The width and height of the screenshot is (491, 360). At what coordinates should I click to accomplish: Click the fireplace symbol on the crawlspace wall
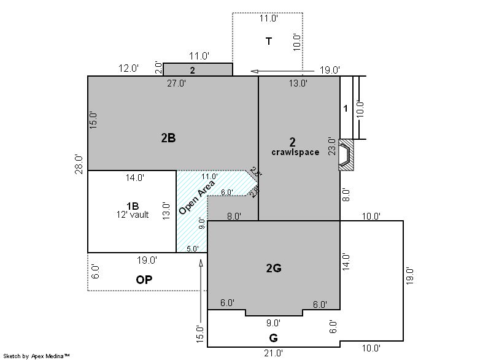[346, 155]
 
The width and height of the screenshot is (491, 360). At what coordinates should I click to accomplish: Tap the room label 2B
[168, 138]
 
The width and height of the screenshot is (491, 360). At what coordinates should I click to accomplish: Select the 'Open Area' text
[196, 197]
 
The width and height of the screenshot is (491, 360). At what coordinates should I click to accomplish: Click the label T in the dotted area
[269, 41]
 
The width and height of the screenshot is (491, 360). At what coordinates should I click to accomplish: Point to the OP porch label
[144, 280]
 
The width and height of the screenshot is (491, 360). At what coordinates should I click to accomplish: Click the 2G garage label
[274, 268]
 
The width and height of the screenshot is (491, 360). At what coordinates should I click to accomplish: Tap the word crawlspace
[295, 152]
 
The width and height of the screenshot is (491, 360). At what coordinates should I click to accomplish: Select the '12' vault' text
[133, 215]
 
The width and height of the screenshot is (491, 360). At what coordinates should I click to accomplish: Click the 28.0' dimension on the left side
[79, 164]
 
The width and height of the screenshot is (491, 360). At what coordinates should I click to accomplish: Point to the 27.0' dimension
[176, 83]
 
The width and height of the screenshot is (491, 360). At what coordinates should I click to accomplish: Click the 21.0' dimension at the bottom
[273, 353]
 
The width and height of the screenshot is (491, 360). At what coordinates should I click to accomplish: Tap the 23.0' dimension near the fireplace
[332, 146]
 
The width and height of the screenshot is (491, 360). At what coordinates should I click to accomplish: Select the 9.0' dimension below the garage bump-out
[273, 323]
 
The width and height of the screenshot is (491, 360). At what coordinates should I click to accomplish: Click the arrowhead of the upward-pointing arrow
[201, 263]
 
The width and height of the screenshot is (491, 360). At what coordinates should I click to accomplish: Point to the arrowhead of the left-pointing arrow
[255, 72]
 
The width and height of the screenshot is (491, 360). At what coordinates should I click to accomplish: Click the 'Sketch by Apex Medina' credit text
[37, 356]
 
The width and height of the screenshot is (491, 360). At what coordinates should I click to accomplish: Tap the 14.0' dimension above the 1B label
[135, 178]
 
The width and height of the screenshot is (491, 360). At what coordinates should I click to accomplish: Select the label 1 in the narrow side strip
[346, 108]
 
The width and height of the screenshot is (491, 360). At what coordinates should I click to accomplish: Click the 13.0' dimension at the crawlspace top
[298, 83]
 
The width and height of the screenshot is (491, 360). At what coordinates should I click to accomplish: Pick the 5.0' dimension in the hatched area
[193, 248]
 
